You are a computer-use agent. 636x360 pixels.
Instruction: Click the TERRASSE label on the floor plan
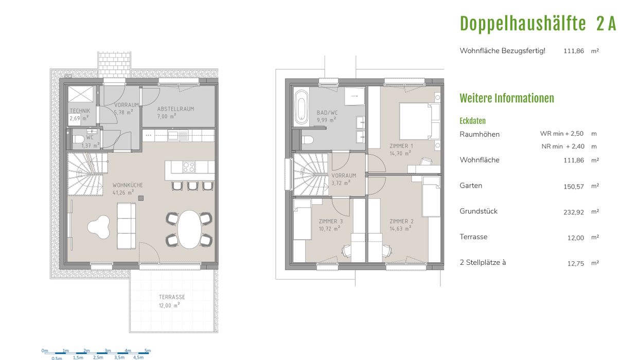(172, 297)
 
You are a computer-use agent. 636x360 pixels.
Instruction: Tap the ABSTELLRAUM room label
(176, 109)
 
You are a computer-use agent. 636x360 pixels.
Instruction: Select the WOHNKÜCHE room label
(128, 185)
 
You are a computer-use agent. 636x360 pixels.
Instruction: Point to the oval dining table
(189, 229)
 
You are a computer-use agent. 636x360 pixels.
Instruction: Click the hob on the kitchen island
(189, 167)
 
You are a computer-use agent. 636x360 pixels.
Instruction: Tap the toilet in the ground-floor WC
(78, 139)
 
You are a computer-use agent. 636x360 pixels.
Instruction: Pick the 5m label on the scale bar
(147, 351)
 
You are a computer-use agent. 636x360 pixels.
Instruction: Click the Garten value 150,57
(574, 187)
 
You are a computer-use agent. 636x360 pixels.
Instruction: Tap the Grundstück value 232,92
(574, 212)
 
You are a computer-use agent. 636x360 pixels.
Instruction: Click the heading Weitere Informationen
(507, 98)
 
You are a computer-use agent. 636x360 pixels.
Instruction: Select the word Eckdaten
(472, 121)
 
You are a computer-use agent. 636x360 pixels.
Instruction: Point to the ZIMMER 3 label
(331, 221)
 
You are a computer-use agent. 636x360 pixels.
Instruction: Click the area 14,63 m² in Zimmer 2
(400, 228)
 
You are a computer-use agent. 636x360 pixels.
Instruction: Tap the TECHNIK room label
(80, 111)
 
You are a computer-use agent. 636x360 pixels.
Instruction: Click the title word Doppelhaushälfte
(523, 24)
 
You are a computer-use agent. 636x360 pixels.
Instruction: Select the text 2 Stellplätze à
(483, 262)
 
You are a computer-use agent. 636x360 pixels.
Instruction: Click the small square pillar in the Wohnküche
(141, 198)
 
